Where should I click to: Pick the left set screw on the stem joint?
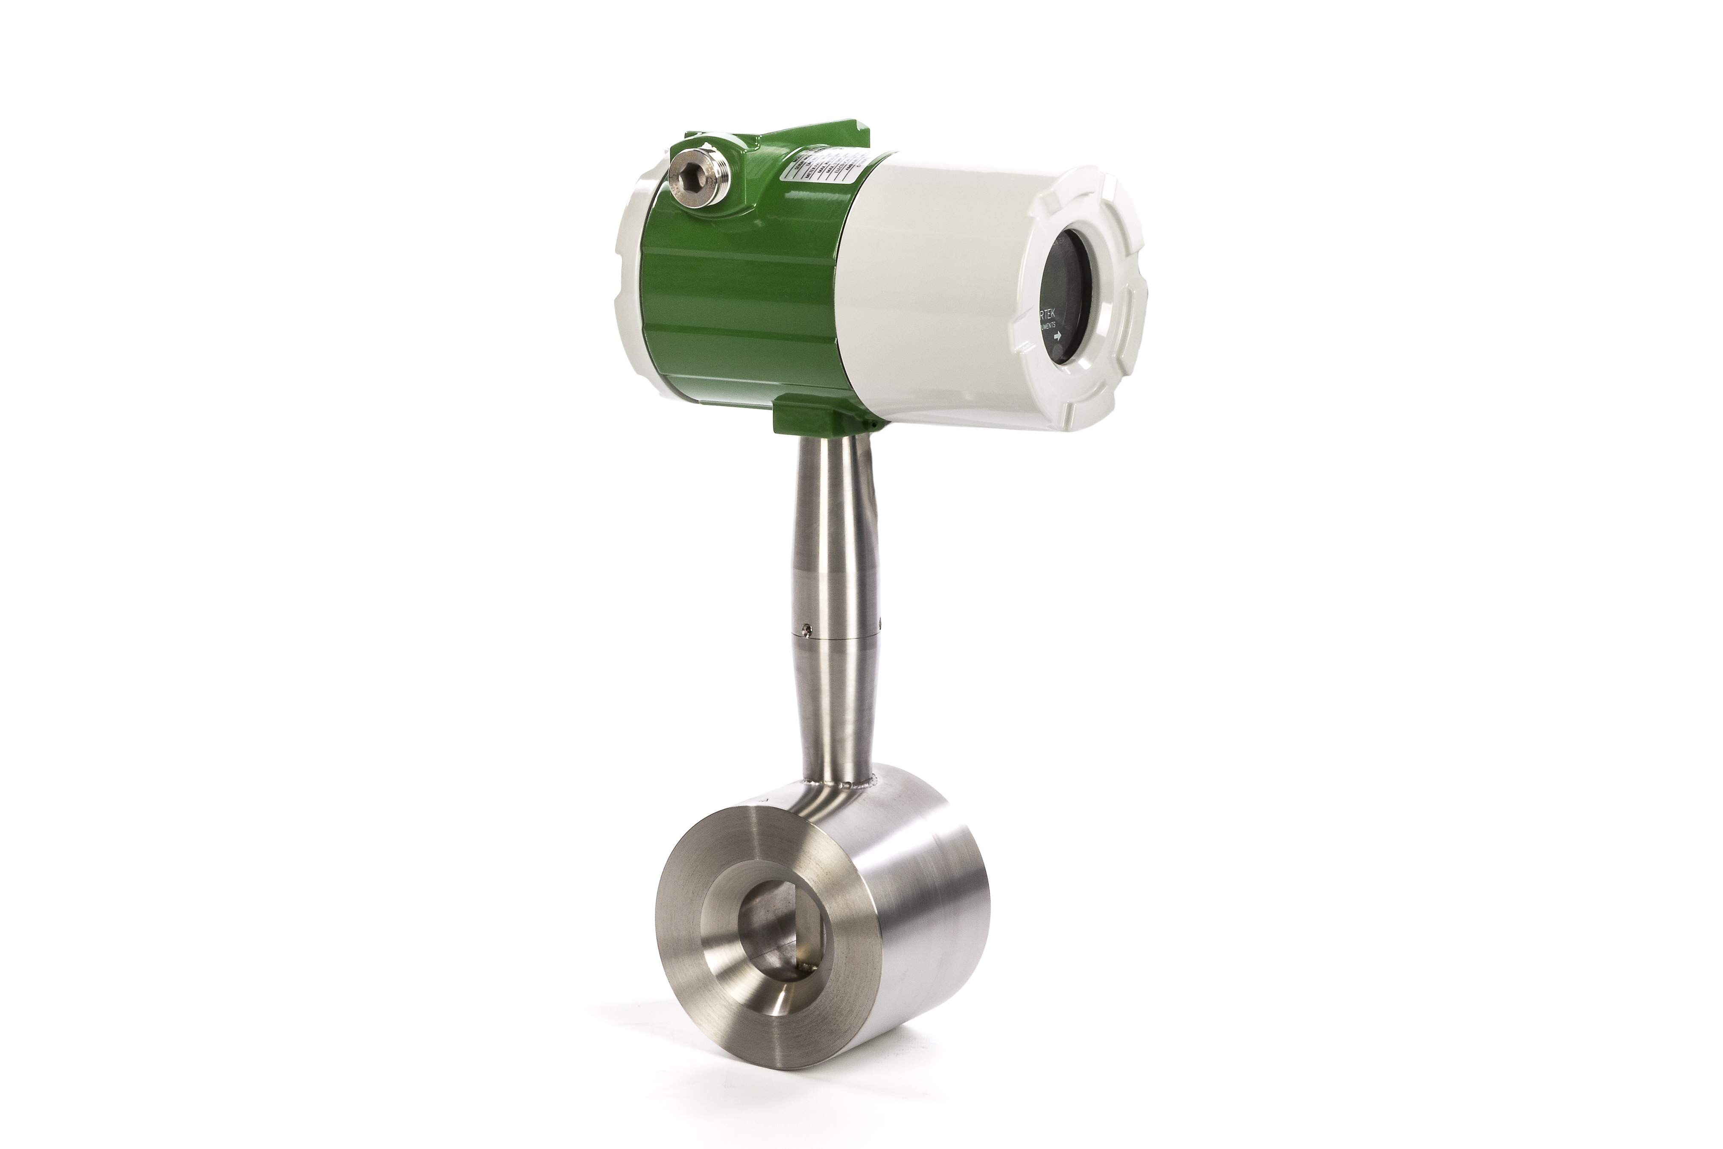[806, 628]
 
